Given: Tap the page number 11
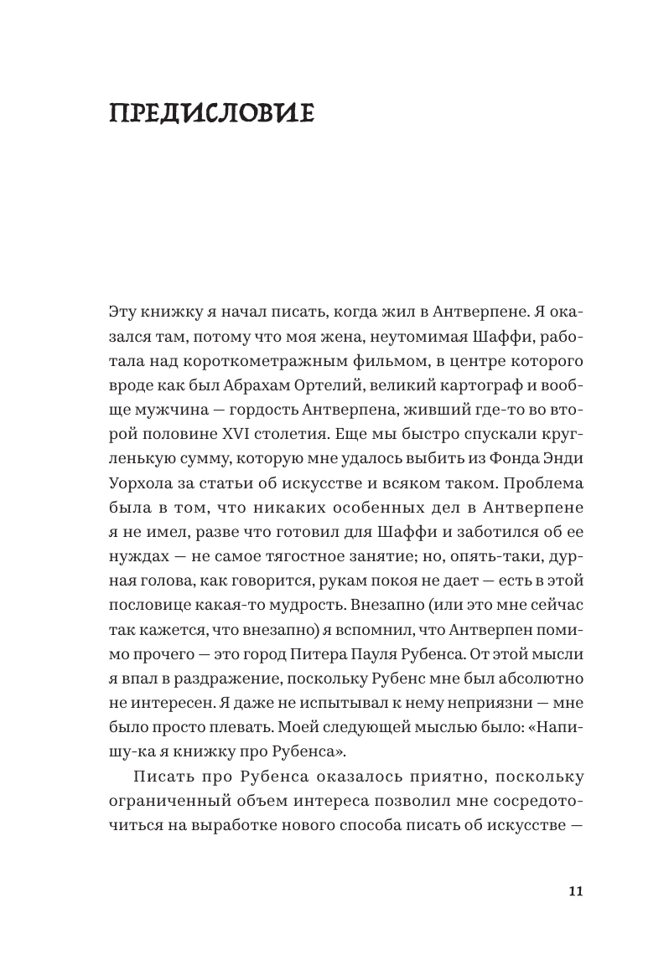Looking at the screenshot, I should point(574,891).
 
